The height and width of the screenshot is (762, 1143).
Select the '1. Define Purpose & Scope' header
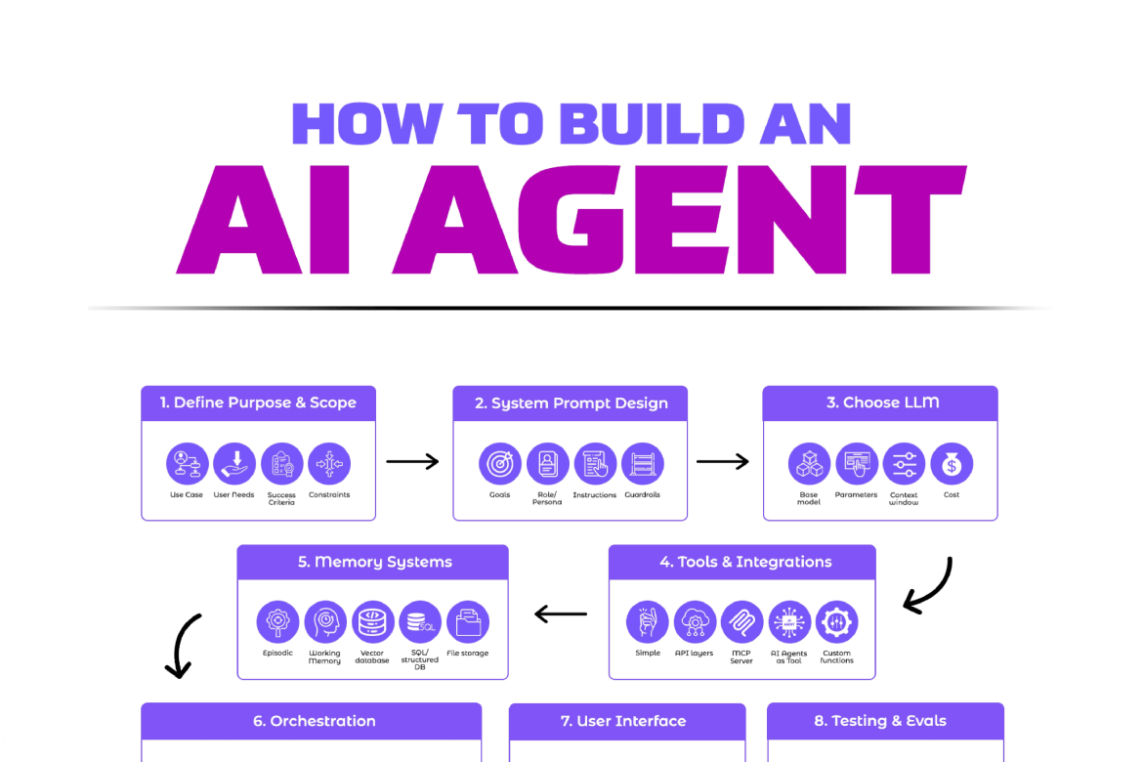(259, 402)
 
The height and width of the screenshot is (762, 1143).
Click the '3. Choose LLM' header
(880, 402)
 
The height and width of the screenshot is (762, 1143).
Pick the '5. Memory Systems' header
(373, 562)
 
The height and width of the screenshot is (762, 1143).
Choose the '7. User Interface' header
(627, 721)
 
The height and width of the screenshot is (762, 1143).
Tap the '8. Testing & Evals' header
(885, 721)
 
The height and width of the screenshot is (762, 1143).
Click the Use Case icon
(188, 464)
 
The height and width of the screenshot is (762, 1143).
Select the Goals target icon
(500, 464)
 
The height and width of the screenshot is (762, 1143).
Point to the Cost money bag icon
(951, 464)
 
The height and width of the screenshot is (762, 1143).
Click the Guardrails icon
(642, 464)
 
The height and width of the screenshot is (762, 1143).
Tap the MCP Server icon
(742, 622)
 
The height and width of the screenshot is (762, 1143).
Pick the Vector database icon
(372, 622)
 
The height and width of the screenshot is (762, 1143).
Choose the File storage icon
(468, 622)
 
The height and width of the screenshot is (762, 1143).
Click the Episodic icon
(277, 622)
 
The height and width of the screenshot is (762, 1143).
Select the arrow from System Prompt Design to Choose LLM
(723, 461)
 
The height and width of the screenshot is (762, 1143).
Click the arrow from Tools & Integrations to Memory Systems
(561, 614)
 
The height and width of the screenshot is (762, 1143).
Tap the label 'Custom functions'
(837, 656)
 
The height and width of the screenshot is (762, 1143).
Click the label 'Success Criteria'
(281, 498)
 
